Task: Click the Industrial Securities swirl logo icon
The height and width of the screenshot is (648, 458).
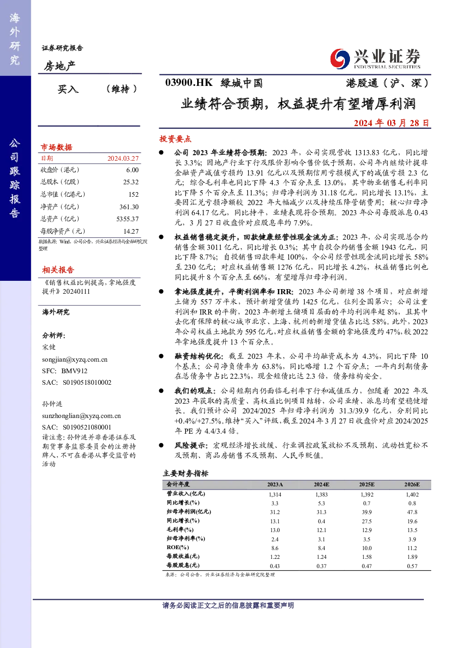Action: tap(340, 59)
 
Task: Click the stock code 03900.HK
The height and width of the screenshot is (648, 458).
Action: tap(189, 83)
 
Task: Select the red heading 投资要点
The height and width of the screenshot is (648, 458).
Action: tap(175, 139)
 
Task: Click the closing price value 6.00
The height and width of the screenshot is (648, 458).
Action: tap(132, 170)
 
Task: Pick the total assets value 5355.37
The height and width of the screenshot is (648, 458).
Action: tap(127, 219)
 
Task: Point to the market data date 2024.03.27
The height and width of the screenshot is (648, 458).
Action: tap(123, 158)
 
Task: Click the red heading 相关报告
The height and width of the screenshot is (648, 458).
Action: tap(58, 270)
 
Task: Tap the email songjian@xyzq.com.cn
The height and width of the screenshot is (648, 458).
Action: tap(75, 360)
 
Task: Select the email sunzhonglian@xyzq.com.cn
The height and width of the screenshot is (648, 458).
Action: tap(81, 416)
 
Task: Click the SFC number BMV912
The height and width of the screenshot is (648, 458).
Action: tap(74, 371)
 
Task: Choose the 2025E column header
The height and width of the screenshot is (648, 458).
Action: tap(367, 484)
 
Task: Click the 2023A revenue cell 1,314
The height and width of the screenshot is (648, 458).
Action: tap(275, 495)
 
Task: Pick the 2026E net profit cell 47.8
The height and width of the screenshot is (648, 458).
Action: tap(412, 512)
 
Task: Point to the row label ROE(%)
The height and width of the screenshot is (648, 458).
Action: tap(178, 547)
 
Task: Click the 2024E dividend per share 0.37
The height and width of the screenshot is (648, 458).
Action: tap(321, 566)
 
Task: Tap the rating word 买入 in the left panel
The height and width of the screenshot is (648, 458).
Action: tap(68, 89)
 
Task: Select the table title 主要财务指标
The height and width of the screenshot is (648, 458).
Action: tap(185, 473)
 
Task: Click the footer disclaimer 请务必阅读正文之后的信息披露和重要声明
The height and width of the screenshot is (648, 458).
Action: tap(228, 606)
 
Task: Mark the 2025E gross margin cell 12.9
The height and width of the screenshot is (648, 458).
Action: tap(367, 530)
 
